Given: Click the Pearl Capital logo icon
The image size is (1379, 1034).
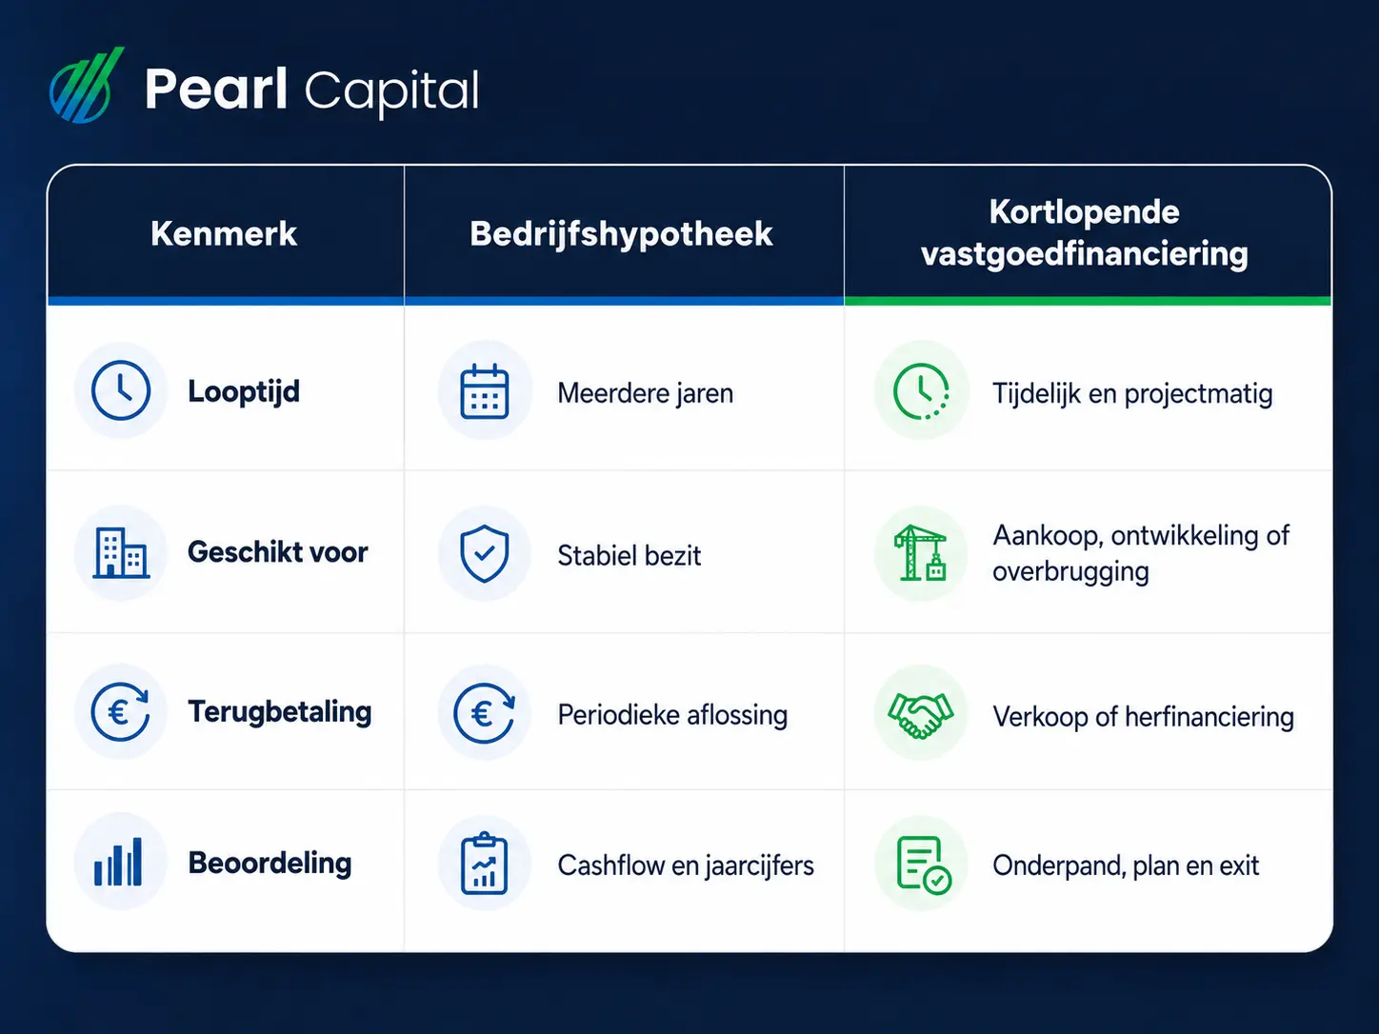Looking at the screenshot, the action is (x=86, y=86).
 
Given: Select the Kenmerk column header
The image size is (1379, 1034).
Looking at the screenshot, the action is (x=224, y=233).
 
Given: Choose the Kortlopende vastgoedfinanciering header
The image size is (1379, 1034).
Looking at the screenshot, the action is (x=1085, y=233).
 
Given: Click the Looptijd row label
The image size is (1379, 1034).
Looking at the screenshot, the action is (x=244, y=392).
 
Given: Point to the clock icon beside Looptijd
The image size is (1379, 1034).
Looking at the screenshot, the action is (x=121, y=389).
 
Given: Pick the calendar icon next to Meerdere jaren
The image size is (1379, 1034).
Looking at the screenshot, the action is (x=485, y=390).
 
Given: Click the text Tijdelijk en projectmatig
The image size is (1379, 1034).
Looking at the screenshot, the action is (x=1132, y=394).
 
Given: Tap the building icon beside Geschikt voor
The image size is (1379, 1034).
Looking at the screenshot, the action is (x=121, y=552).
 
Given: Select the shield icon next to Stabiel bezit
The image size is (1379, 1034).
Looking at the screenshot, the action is (x=485, y=553).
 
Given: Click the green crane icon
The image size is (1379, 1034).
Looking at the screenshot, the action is (x=920, y=552).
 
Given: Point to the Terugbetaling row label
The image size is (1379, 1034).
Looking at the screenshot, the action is (x=280, y=712).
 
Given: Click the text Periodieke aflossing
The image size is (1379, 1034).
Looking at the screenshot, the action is (x=672, y=715).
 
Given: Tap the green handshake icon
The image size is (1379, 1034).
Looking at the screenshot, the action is (x=920, y=714).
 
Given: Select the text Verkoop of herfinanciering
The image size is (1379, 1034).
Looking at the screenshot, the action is (x=1143, y=716).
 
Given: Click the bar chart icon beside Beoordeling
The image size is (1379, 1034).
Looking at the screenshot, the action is (x=118, y=862).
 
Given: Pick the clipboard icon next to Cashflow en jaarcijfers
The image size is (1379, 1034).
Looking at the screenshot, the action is (x=484, y=863).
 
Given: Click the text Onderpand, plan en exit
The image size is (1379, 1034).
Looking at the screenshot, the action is (x=1126, y=865).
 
